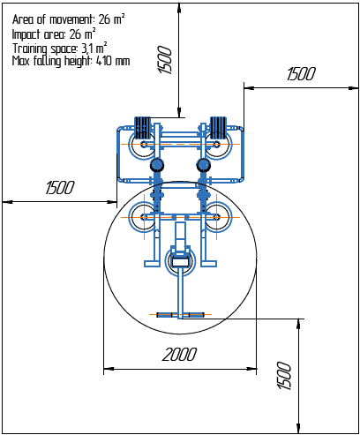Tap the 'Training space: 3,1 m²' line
click(60, 48)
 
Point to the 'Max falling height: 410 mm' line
click(71, 62)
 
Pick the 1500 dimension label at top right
click(299, 75)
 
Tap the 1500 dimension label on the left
click(59, 187)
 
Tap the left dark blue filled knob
click(157, 165)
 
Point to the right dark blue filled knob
click(205, 165)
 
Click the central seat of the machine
click(180, 260)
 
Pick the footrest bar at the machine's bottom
click(180, 314)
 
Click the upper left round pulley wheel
click(141, 146)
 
